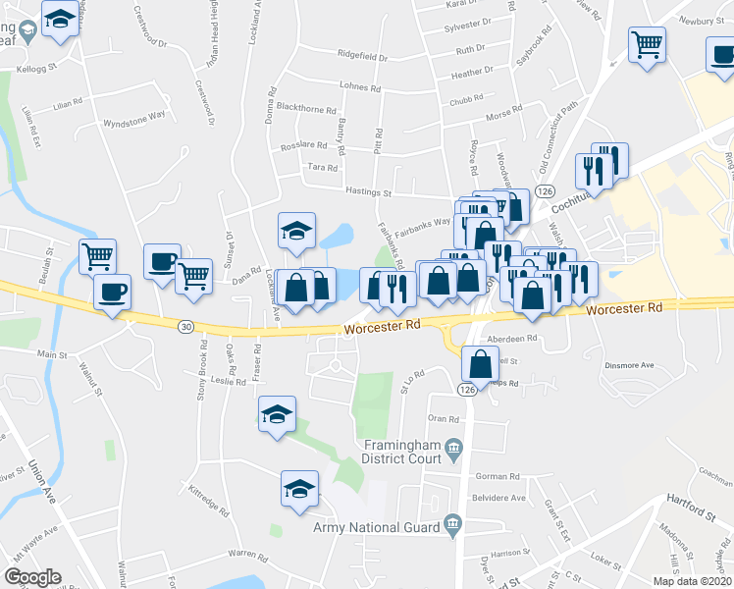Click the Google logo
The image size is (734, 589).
pos(32,577)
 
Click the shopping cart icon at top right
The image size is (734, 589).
pos(648,44)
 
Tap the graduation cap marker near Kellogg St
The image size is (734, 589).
pos(61,20)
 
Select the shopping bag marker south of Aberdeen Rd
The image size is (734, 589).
pos(479,364)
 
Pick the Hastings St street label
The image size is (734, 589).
pos(367,193)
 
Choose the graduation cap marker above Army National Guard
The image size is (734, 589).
pos(300,488)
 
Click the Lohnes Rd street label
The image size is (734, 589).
pos(360,87)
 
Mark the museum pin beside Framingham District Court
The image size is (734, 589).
pos(453,452)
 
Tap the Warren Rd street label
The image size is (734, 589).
pos(248,555)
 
